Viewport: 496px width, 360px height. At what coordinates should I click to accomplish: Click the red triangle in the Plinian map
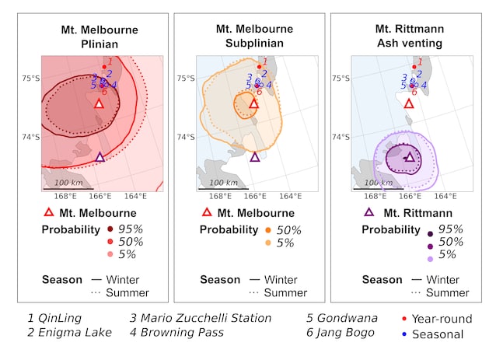point(99,103)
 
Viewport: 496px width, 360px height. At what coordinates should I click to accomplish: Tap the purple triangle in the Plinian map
point(100,157)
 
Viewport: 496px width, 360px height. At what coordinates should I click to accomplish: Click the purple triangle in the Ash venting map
point(410,157)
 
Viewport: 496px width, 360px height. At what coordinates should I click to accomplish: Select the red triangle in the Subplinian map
point(254,103)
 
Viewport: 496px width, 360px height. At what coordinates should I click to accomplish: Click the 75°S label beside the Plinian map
point(30,78)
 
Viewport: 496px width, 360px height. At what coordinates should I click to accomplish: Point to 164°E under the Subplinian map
point(291,196)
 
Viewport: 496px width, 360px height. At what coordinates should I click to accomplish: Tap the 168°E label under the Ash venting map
point(375,196)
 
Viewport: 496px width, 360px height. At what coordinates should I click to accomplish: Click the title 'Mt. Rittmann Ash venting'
point(410,36)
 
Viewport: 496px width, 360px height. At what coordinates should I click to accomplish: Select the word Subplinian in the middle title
point(254,43)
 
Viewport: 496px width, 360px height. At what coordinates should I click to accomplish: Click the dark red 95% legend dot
point(110,229)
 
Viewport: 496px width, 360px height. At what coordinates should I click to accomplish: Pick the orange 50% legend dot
point(268,230)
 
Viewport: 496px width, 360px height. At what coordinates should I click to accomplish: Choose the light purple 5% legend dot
point(430,259)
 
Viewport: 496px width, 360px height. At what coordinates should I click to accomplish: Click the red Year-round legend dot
point(404,318)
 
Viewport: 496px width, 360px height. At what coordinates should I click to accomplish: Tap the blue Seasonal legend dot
point(404,334)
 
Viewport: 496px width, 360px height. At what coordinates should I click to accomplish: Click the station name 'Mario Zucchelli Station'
point(206,318)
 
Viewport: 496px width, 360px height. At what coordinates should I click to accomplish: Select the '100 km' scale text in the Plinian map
point(68,183)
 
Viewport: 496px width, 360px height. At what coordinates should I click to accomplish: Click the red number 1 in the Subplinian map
point(265,61)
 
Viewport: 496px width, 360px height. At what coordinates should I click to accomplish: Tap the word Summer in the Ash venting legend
point(447,293)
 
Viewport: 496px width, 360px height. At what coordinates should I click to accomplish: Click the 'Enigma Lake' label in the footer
point(75,333)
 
